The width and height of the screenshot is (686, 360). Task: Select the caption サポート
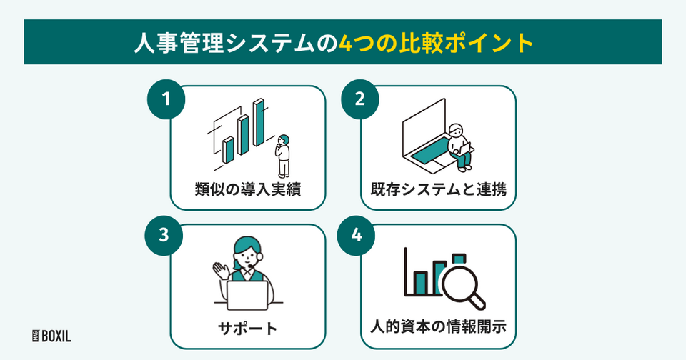(x=247, y=329)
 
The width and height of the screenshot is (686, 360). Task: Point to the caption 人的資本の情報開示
(x=437, y=329)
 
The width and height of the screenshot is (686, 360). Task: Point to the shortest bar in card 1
(x=228, y=149)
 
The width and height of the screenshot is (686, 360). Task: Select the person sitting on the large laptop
(x=458, y=146)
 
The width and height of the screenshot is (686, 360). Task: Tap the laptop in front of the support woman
(x=247, y=292)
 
